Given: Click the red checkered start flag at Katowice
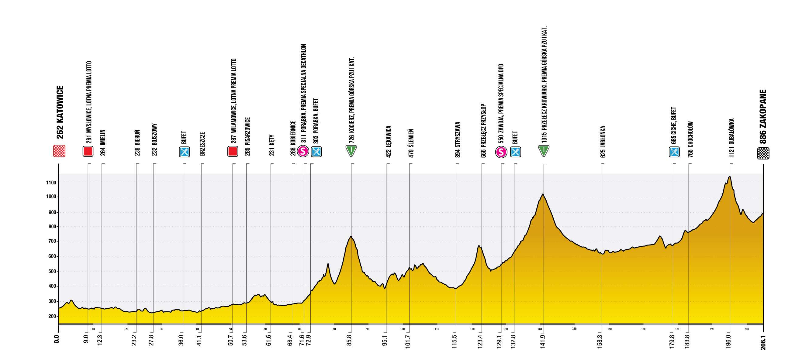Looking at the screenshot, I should pos(59,151).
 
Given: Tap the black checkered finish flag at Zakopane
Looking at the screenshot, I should pos(763,153).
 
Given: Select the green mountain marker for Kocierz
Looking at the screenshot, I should pos(351,151).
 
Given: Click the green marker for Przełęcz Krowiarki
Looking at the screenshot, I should pos(544,151).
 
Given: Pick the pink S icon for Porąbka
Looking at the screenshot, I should pos(303,151).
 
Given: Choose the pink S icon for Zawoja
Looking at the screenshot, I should pos(501,152).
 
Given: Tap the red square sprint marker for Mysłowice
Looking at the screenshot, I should pos(88,151).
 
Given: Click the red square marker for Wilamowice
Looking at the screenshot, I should pos(233,151).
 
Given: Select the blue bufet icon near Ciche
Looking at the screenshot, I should pos(674,152).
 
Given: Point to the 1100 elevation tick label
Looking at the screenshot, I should pos(51,182).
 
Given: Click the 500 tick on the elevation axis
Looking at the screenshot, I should pos(52,272).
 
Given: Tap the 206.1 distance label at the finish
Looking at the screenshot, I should pos(763,343).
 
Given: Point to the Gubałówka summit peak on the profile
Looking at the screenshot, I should pos(730,177).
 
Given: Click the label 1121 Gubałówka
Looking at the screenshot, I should pos(732,138).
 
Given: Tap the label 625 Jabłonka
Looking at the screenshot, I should pos(603,142).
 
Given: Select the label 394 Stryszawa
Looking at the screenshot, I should pos(458,139).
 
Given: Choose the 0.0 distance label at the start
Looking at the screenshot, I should pos(57,339).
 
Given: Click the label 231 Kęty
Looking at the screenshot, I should pos(272,145).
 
